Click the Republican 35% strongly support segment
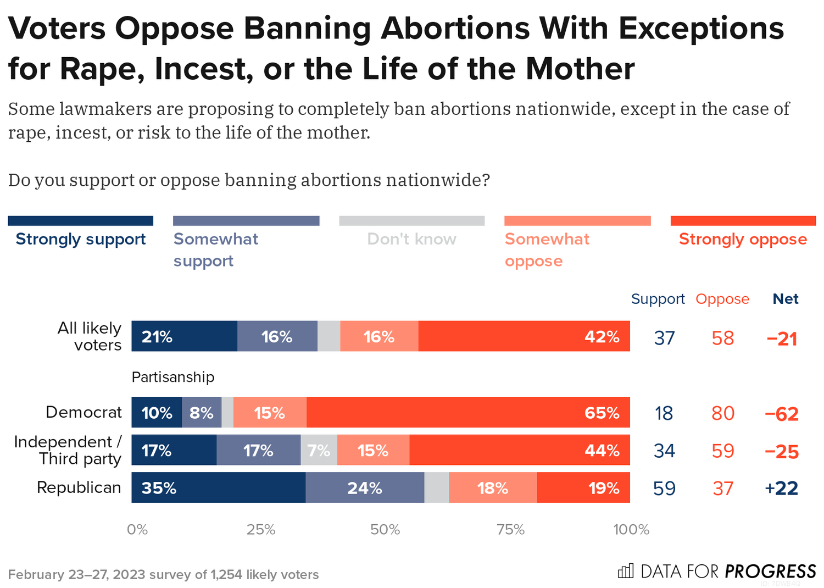(218, 487)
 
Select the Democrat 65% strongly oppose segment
(468, 413)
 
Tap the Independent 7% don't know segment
(319, 451)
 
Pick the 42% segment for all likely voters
(524, 336)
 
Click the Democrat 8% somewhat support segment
(202, 413)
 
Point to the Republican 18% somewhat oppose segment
(493, 487)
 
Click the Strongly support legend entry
(80, 239)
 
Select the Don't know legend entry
(411, 239)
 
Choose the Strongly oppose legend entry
(743, 239)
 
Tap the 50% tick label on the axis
(385, 530)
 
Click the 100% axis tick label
(631, 530)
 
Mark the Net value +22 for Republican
(781, 488)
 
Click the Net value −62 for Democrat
(781, 413)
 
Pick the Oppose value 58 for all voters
(722, 338)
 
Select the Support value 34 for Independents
(664, 451)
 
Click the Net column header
(786, 299)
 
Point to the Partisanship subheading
(173, 377)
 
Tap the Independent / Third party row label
(68, 450)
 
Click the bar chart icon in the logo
(626, 571)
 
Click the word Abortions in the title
(455, 28)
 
